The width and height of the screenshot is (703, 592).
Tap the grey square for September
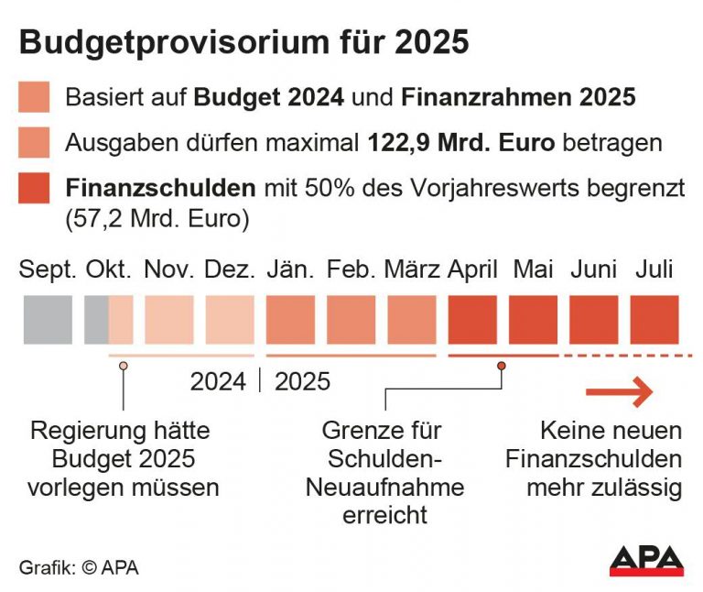coord(48,320)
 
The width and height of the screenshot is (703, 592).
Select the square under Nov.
coord(169,320)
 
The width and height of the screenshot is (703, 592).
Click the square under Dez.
coord(230,320)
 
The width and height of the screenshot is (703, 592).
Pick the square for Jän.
coord(290,320)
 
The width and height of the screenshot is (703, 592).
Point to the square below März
coord(412,320)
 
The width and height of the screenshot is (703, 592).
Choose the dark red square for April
coord(472,320)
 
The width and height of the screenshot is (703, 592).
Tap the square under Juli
coord(654,320)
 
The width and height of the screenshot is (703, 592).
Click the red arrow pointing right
coord(620,392)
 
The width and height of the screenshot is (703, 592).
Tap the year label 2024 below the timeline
coord(218,381)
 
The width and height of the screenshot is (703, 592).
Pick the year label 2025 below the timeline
coord(302,381)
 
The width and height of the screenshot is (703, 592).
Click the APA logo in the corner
coord(646,560)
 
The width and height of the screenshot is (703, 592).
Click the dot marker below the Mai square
coord(502,366)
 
